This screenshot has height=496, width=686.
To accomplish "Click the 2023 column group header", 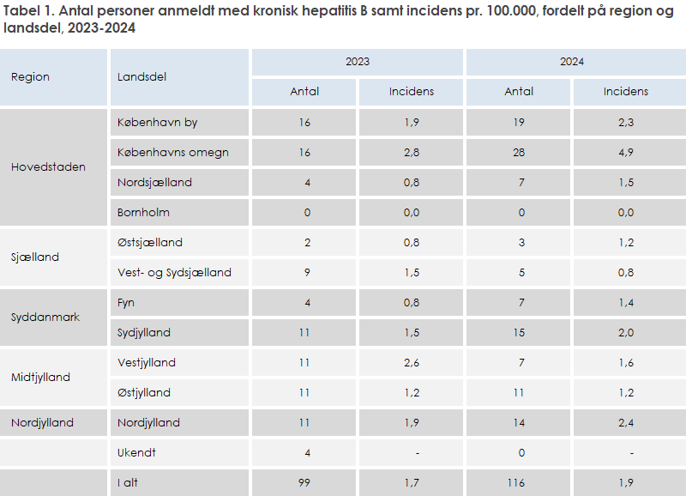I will pyautogui.click(x=358, y=62).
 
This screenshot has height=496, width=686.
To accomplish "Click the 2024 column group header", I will pyautogui.click(x=572, y=62).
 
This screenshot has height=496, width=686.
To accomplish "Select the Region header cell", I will pyautogui.click(x=30, y=76).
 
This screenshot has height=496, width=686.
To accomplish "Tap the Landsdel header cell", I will pyautogui.click(x=141, y=76).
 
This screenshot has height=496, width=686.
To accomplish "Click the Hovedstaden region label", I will pyautogui.click(x=48, y=166).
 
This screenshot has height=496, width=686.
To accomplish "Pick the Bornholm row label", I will pyautogui.click(x=143, y=212).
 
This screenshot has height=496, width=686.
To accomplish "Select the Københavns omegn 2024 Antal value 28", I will pyautogui.click(x=520, y=152).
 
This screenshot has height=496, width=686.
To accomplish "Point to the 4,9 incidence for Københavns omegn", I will pyautogui.click(x=626, y=152).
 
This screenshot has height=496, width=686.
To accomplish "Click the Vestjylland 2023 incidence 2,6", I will pyautogui.click(x=412, y=362).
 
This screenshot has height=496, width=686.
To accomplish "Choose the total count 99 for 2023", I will pyautogui.click(x=304, y=483).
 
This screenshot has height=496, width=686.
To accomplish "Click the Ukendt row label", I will pyautogui.click(x=138, y=452).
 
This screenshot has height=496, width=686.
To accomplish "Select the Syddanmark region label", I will pyautogui.click(x=45, y=317).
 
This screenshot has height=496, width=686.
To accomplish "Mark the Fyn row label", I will pyautogui.click(x=126, y=302).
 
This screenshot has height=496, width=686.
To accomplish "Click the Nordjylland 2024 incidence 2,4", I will pyautogui.click(x=626, y=422).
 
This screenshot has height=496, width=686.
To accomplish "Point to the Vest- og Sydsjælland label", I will pyautogui.click(x=174, y=272).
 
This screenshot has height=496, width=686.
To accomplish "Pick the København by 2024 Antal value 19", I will pyautogui.click(x=520, y=122).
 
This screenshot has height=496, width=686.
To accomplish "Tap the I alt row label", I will pyautogui.click(x=128, y=483).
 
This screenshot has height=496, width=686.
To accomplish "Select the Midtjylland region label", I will pyautogui.click(x=40, y=377).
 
